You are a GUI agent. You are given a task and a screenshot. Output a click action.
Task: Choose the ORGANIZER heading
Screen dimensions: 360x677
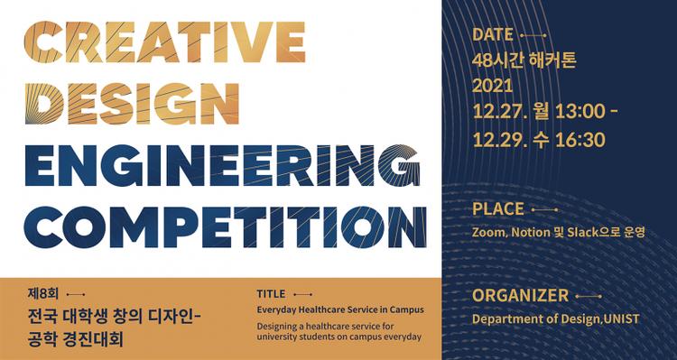pos(520,295)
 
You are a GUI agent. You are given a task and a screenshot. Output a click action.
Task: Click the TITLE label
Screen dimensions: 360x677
pos(271,294)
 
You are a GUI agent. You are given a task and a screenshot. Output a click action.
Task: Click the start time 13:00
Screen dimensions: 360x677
pos(578,114)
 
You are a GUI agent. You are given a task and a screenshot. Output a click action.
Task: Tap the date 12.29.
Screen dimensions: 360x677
pos(496,140)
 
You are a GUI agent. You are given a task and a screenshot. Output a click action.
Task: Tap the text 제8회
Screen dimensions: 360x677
pos(42,294)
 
